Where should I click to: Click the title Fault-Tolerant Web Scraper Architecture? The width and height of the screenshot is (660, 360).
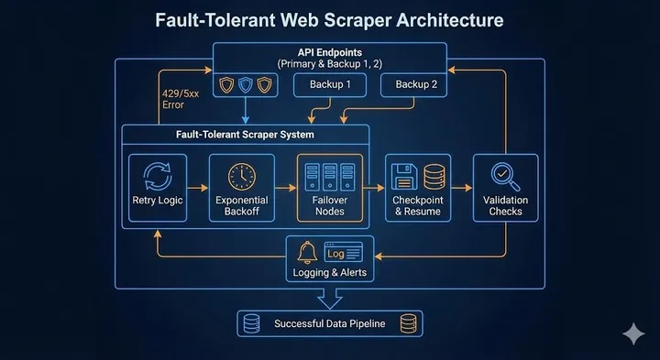pos(330,19)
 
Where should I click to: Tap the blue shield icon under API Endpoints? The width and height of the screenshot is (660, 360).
pos(245,85)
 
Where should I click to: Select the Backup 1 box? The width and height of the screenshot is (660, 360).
pos(330,85)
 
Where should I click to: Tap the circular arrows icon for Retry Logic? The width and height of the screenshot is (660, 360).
pos(159,176)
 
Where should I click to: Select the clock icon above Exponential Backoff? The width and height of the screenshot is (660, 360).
pos(242,176)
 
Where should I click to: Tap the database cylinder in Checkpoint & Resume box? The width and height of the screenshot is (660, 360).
pos(433,177)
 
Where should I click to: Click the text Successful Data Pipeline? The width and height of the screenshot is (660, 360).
pos(330,323)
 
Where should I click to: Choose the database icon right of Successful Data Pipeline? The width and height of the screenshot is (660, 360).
pos(408,323)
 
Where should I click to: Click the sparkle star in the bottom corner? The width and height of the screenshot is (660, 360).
pos(632,334)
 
